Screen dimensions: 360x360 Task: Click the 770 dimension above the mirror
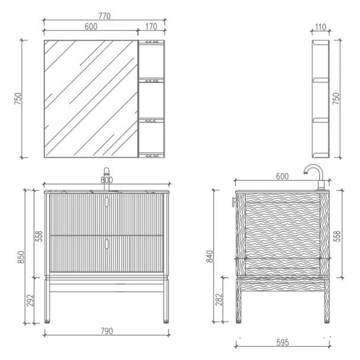click(105, 16)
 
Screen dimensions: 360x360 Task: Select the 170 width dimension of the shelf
click(151, 26)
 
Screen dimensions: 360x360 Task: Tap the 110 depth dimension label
click(320, 27)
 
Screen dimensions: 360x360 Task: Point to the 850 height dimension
click(21, 257)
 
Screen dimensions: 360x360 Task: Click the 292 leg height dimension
click(30, 300)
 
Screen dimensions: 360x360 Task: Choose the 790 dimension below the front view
click(107, 331)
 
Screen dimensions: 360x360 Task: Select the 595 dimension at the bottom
click(282, 342)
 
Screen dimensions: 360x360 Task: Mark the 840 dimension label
click(210, 256)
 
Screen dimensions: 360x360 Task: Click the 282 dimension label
click(219, 299)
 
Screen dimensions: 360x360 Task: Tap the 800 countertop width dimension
click(106, 180)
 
